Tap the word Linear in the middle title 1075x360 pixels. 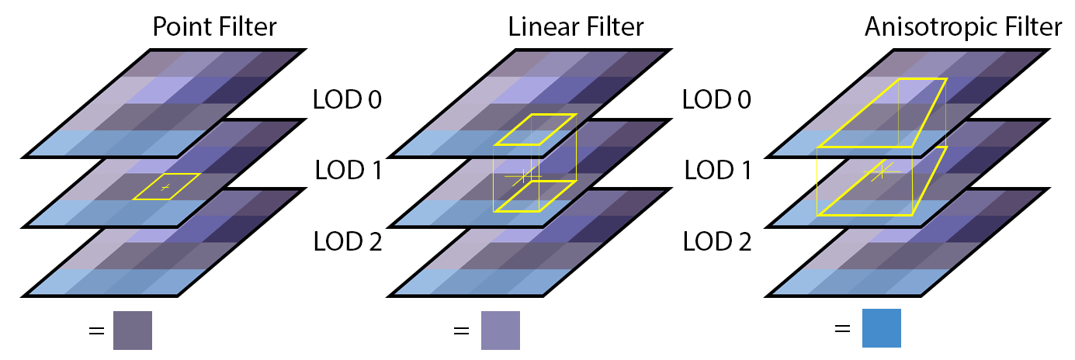point(544,26)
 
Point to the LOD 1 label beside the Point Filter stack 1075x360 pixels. point(349,171)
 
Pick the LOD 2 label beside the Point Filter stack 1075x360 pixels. point(348,241)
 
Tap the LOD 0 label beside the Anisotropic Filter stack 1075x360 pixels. point(717,100)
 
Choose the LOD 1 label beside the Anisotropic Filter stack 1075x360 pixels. point(718,171)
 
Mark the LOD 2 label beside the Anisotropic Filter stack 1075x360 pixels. point(717,241)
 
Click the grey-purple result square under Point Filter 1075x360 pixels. point(133,331)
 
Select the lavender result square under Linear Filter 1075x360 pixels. point(501,331)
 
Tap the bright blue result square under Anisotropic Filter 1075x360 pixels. point(882,328)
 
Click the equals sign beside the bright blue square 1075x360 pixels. point(842,329)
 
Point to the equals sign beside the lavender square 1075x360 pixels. point(461,331)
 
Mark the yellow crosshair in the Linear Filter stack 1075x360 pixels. point(524,177)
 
